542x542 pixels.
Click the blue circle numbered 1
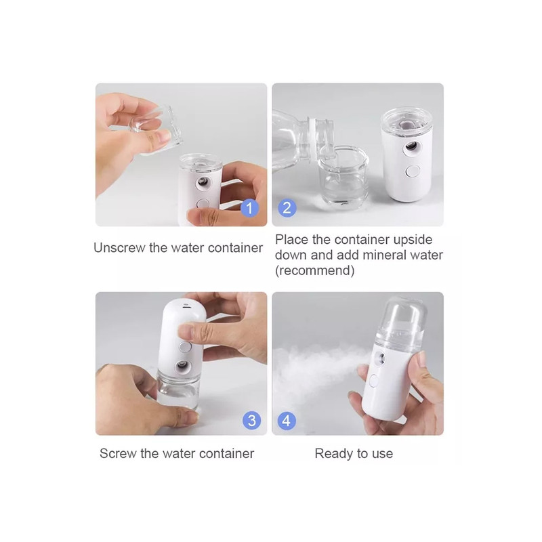[249, 208]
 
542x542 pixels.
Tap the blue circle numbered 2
[287, 208]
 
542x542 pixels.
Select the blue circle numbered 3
[251, 421]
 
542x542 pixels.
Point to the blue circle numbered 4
[287, 421]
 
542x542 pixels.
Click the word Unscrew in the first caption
[119, 248]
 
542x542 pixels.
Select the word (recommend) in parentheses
[314, 270]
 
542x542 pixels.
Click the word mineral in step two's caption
[383, 255]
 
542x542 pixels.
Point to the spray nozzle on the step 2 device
[411, 146]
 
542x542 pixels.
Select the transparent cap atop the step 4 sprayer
[401, 320]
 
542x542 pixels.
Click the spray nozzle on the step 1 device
[203, 182]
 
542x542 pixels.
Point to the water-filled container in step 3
[178, 390]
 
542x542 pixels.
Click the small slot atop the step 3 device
[187, 306]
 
